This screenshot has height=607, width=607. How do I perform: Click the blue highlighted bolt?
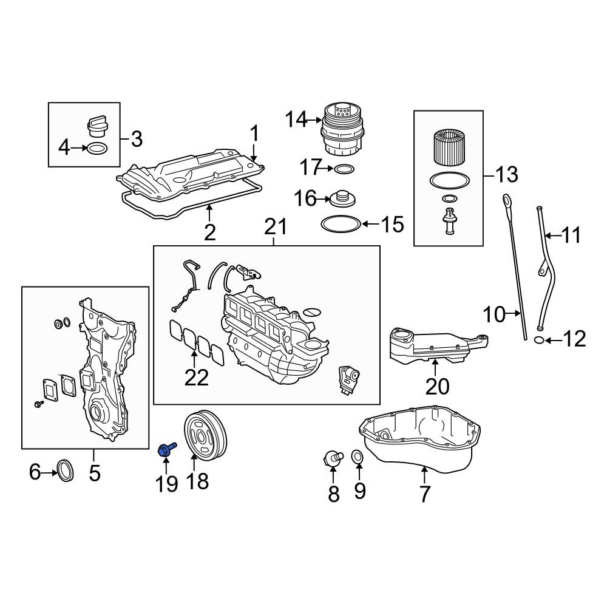pos(166,449)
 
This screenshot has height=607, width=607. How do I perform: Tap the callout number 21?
pos(276,227)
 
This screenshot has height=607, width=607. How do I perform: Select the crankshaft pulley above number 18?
pos(205,435)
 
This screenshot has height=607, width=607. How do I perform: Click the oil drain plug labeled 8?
pos(333,458)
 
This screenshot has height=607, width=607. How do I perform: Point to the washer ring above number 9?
pos(358,456)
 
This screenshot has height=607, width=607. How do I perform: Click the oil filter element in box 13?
pos(448,148)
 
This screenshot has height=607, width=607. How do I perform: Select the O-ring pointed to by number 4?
pos(97,148)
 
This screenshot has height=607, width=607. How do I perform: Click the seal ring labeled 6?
pos(65,470)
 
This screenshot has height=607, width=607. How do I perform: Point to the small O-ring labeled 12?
pos(538,340)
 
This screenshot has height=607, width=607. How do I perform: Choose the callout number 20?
pos(438,386)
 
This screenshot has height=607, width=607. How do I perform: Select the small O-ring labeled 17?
pos(344,169)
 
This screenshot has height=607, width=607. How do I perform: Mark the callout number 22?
pos(197,378)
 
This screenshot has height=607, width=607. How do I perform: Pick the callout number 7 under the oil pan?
pos(425,494)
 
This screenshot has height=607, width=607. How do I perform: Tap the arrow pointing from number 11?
pos(552,235)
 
